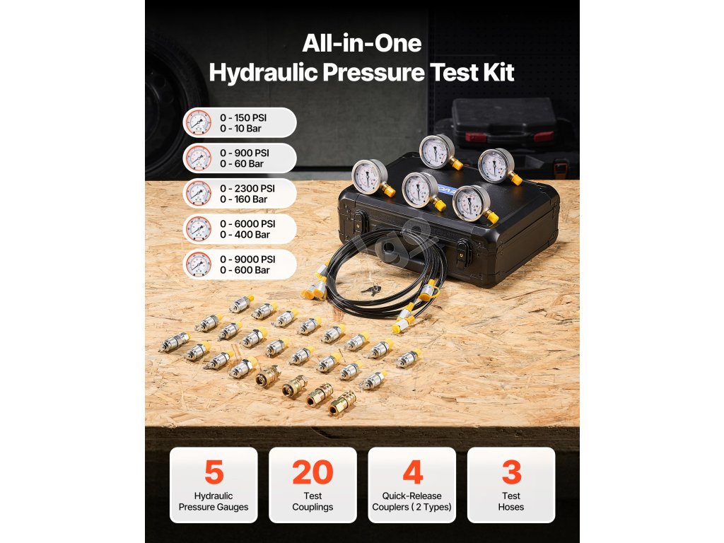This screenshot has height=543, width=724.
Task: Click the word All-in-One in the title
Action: click(x=362, y=43)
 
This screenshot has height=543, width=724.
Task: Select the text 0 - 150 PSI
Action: click(x=243, y=118)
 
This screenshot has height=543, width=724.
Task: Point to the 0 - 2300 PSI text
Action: click(x=247, y=188)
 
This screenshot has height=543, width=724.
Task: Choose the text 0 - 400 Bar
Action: click(x=245, y=235)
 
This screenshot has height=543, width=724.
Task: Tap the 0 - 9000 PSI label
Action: click(x=247, y=259)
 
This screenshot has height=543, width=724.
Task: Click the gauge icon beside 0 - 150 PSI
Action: click(x=199, y=123)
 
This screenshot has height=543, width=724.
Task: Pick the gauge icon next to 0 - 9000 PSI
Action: click(x=199, y=264)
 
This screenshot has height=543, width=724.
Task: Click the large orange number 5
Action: click(x=214, y=472)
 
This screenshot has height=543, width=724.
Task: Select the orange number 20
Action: click(x=313, y=472)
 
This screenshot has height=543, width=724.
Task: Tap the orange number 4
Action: click(x=412, y=472)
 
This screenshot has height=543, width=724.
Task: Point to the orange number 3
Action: click(x=511, y=472)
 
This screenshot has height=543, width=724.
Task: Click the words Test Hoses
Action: click(x=511, y=501)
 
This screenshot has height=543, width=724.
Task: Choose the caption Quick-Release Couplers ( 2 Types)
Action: click(x=412, y=501)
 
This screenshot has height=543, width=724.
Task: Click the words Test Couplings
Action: click(x=313, y=501)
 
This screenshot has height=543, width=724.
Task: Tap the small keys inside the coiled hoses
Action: click(x=371, y=290)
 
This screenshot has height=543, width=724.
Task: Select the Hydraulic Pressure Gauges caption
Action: click(x=214, y=501)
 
